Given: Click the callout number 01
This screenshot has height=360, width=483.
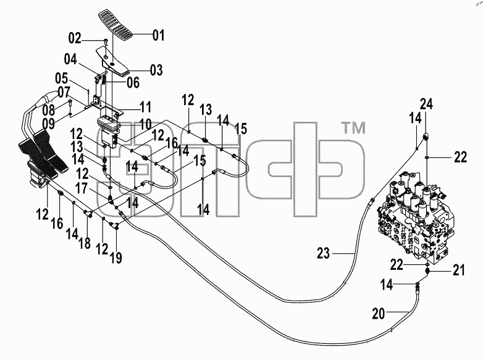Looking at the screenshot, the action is tap(158, 35).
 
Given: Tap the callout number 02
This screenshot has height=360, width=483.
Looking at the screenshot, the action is tap(75, 38).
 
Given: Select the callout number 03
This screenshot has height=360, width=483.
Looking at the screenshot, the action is tap(156, 70).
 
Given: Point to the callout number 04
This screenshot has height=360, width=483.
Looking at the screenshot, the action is tap(70, 59).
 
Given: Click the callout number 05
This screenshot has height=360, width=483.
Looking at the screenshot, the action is tap(62, 78).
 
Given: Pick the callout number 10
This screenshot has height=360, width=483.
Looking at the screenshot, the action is tap(145, 125).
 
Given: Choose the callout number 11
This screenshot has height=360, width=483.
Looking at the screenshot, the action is tap(145, 107).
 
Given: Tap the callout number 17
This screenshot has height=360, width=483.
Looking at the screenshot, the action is tap(82, 188).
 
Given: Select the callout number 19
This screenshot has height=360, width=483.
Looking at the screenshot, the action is tap(116, 257).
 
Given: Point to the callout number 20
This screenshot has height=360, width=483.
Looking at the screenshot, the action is tap(379, 314).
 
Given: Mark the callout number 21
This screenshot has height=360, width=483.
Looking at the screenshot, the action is tap(459, 270).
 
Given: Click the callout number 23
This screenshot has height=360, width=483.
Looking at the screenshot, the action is tap(324, 253).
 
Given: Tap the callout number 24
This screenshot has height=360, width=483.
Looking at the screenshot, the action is tap(427, 104).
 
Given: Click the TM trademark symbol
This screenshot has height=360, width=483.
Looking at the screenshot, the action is tap(354, 127).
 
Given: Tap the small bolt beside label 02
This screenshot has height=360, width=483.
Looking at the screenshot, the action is tap(106, 41).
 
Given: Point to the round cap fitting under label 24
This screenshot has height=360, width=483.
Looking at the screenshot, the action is tap(426, 136).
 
